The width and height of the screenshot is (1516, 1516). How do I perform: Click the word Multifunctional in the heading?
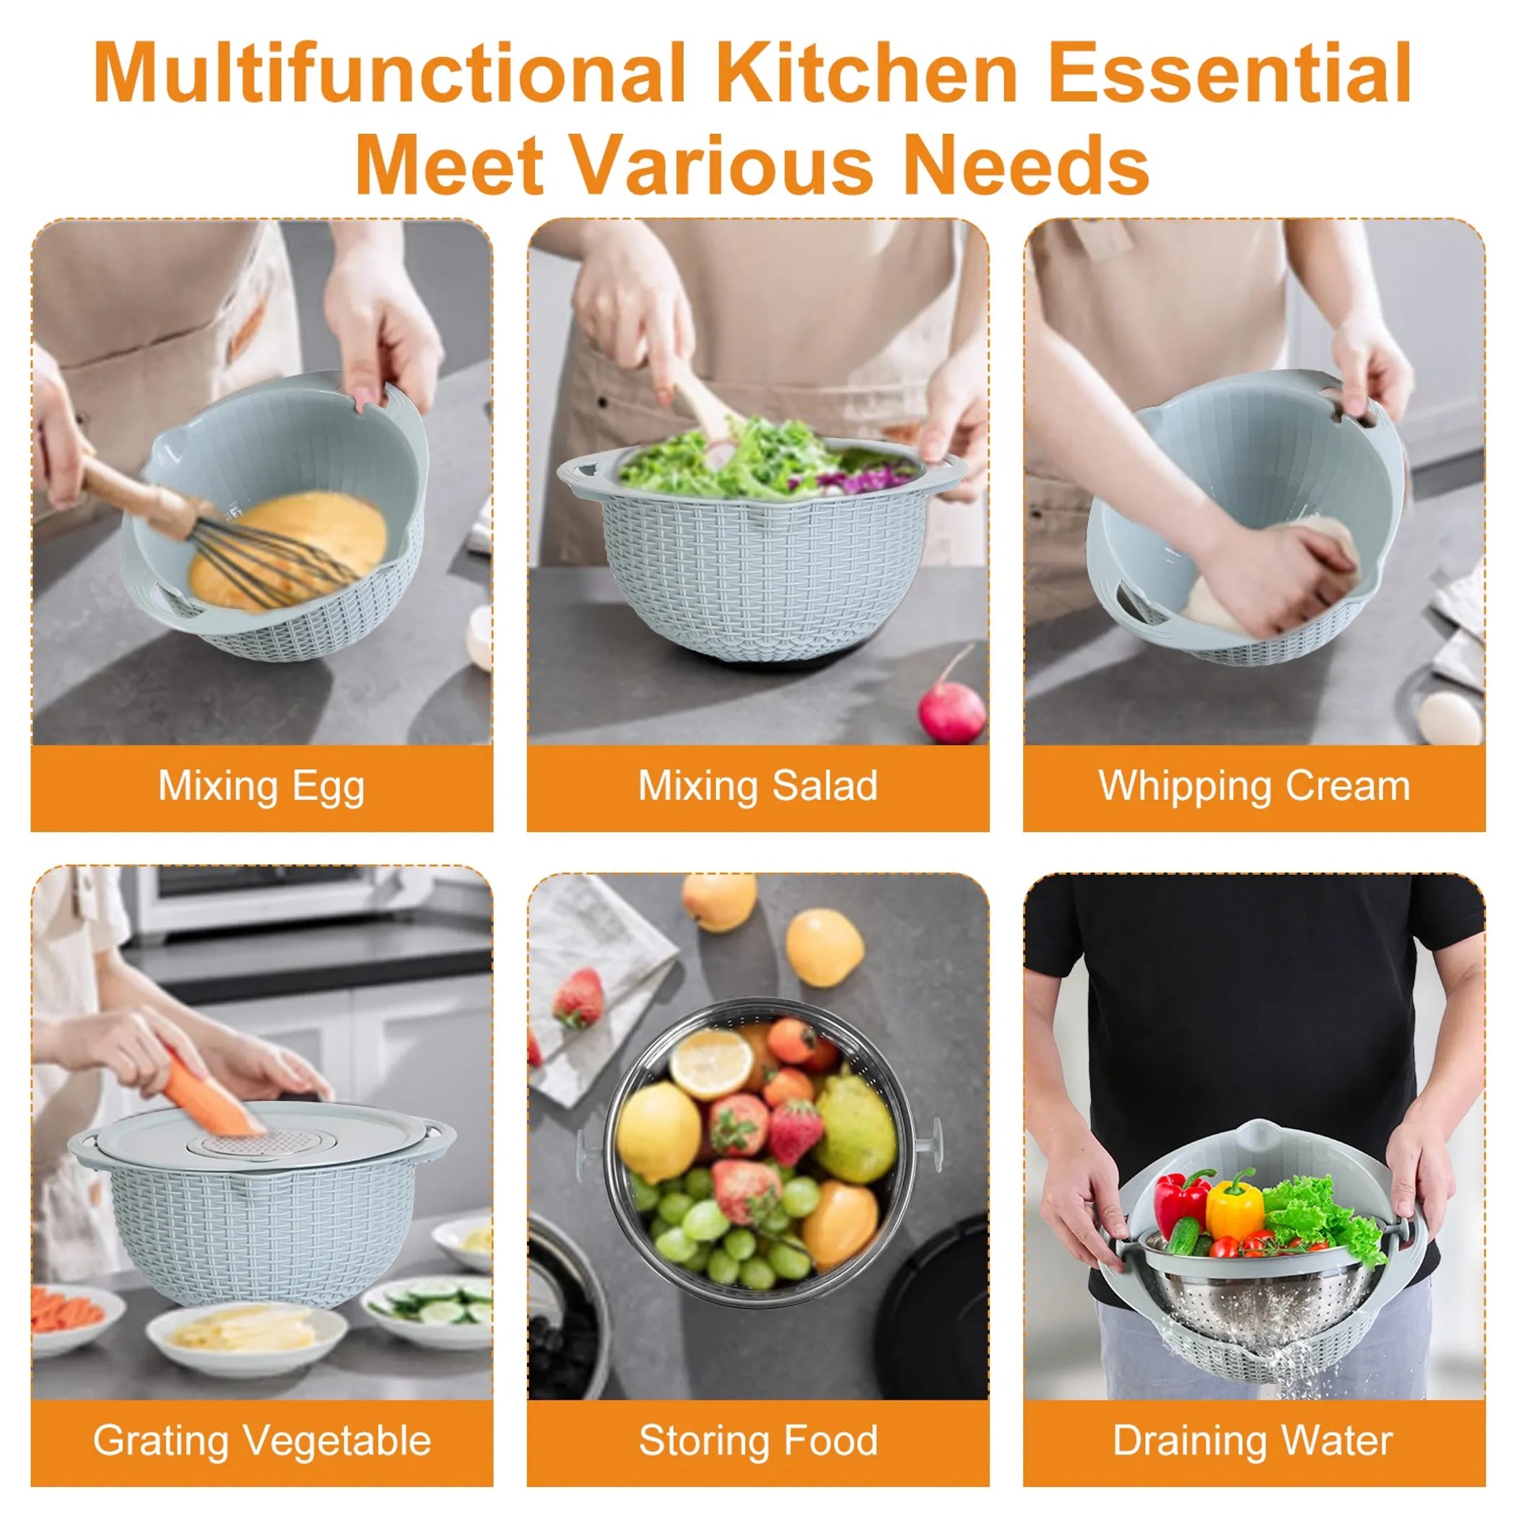[388, 74]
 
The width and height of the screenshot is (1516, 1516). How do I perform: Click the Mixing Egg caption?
[261, 785]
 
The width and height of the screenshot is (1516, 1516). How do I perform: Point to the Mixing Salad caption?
[757, 785]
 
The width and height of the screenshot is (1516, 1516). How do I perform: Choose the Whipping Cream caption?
[1254, 785]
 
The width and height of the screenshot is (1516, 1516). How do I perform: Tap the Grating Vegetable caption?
[261, 1441]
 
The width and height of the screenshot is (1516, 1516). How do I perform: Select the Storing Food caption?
[757, 1441]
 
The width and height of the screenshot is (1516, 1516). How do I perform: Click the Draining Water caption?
[1254, 1441]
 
